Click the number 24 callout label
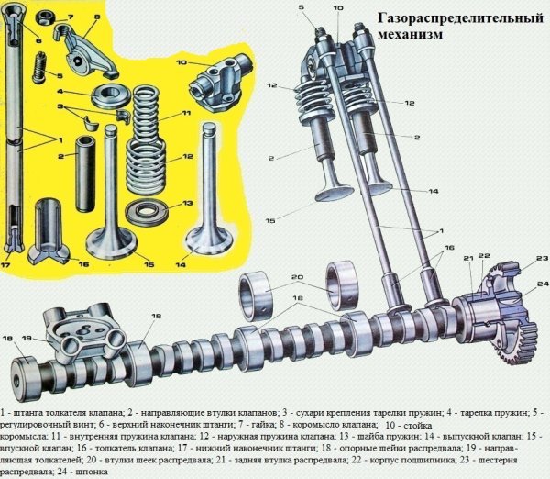click(542, 284)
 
